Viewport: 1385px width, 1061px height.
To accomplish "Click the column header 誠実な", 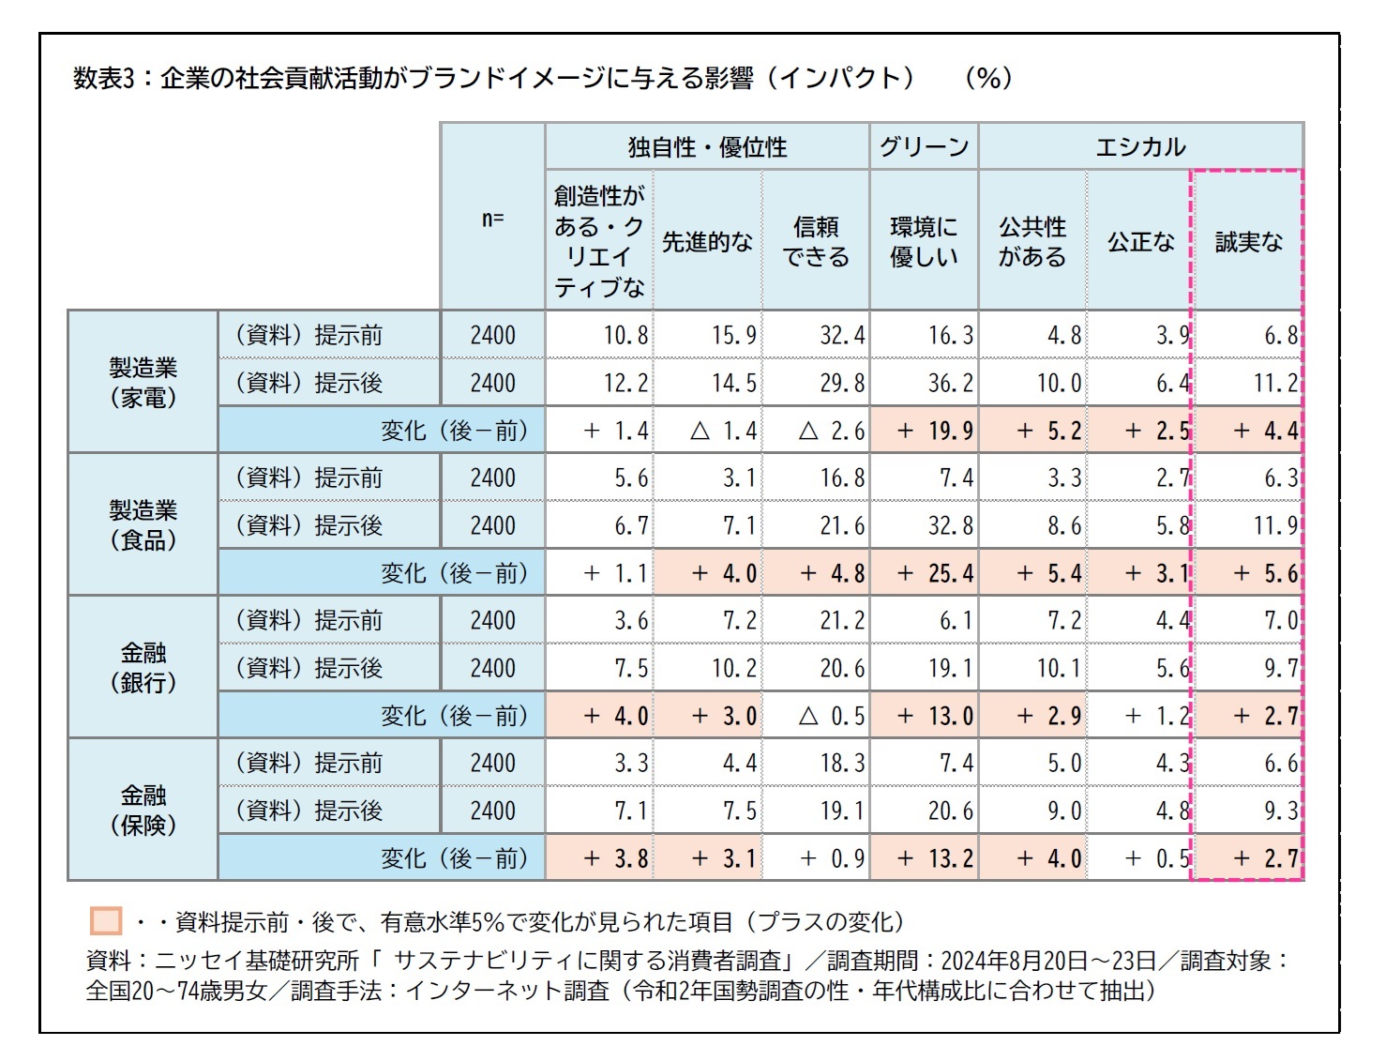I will (1248, 241).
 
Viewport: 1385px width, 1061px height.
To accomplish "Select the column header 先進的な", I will (707, 241).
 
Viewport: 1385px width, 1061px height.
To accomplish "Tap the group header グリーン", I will (924, 146).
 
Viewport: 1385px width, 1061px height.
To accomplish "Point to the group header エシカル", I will (1140, 146).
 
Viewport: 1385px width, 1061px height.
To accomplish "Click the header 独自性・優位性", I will (707, 146).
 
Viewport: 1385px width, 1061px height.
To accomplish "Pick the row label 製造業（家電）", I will (143, 382).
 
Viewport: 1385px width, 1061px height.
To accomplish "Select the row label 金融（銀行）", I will (143, 667).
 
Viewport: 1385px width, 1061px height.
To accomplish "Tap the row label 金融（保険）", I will (143, 810).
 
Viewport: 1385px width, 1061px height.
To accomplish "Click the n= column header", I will (492, 219).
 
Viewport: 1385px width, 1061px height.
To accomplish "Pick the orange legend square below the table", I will (106, 921).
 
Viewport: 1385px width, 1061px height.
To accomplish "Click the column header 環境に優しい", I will (924, 241).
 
